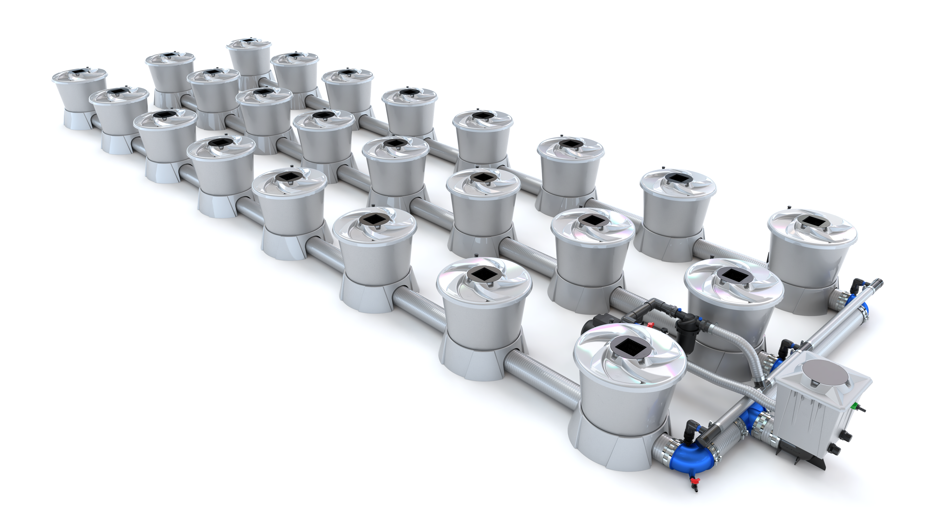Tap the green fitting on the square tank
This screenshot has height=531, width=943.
[853, 406]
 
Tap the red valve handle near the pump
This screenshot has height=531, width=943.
[650, 324]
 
